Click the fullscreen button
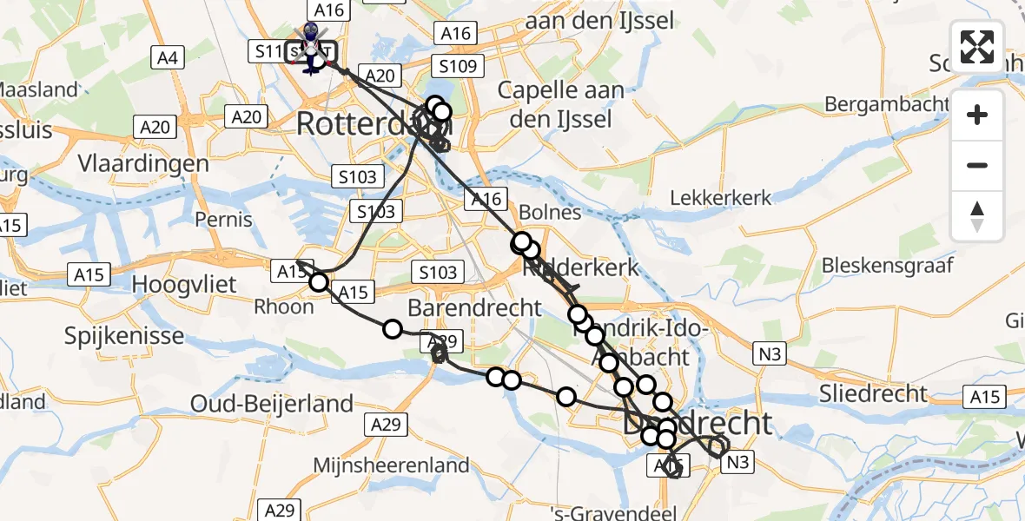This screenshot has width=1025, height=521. [x=977, y=47]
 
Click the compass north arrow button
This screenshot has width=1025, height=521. [x=977, y=215]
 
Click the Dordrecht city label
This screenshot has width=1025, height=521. [x=698, y=424]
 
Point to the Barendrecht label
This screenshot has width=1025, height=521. [x=463, y=307]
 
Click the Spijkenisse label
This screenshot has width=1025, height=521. [x=124, y=336]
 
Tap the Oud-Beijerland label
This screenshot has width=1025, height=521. [x=273, y=404]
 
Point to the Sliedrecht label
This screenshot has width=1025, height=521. [x=873, y=393]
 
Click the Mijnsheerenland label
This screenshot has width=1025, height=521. [x=392, y=465]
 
